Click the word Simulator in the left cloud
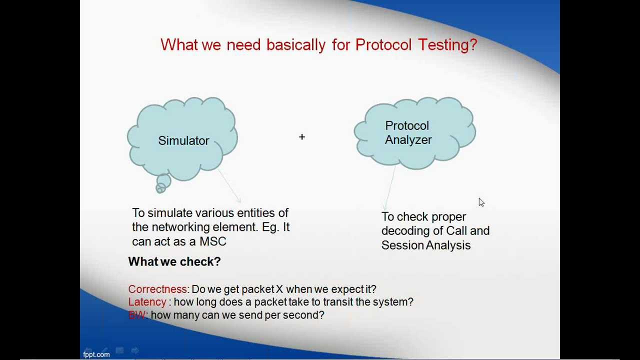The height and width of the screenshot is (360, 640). [x=183, y=141]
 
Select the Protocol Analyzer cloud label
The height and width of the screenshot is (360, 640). [x=408, y=133]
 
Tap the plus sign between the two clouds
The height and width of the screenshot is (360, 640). [x=302, y=136]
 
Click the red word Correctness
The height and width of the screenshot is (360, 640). [x=157, y=289]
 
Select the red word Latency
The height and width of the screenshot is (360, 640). [x=147, y=302]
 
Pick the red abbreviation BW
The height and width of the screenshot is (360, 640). [x=136, y=315]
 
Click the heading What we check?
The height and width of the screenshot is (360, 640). [x=174, y=261]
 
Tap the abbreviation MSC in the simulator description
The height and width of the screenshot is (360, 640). [x=213, y=241]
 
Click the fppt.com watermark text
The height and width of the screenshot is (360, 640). [x=96, y=354]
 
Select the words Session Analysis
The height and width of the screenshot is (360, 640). [x=426, y=245]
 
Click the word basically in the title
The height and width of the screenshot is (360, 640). [x=296, y=45]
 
